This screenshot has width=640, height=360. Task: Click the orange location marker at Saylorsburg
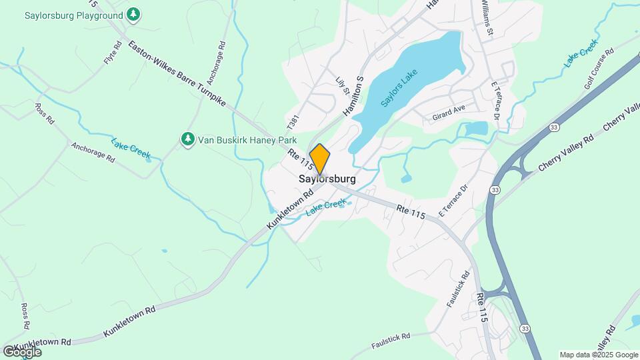(x=320, y=159)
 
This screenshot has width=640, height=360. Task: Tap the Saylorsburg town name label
(x=327, y=179)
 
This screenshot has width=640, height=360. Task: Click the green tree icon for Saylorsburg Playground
(x=134, y=14)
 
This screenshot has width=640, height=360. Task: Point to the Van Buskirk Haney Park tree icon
(x=188, y=139)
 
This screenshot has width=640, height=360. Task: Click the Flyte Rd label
(x=113, y=53)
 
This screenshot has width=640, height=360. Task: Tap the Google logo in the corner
(x=22, y=351)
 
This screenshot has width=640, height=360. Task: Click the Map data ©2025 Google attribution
(x=598, y=355)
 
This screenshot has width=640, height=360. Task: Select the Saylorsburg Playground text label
(x=73, y=15)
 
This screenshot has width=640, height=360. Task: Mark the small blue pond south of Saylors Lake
(x=407, y=178)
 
